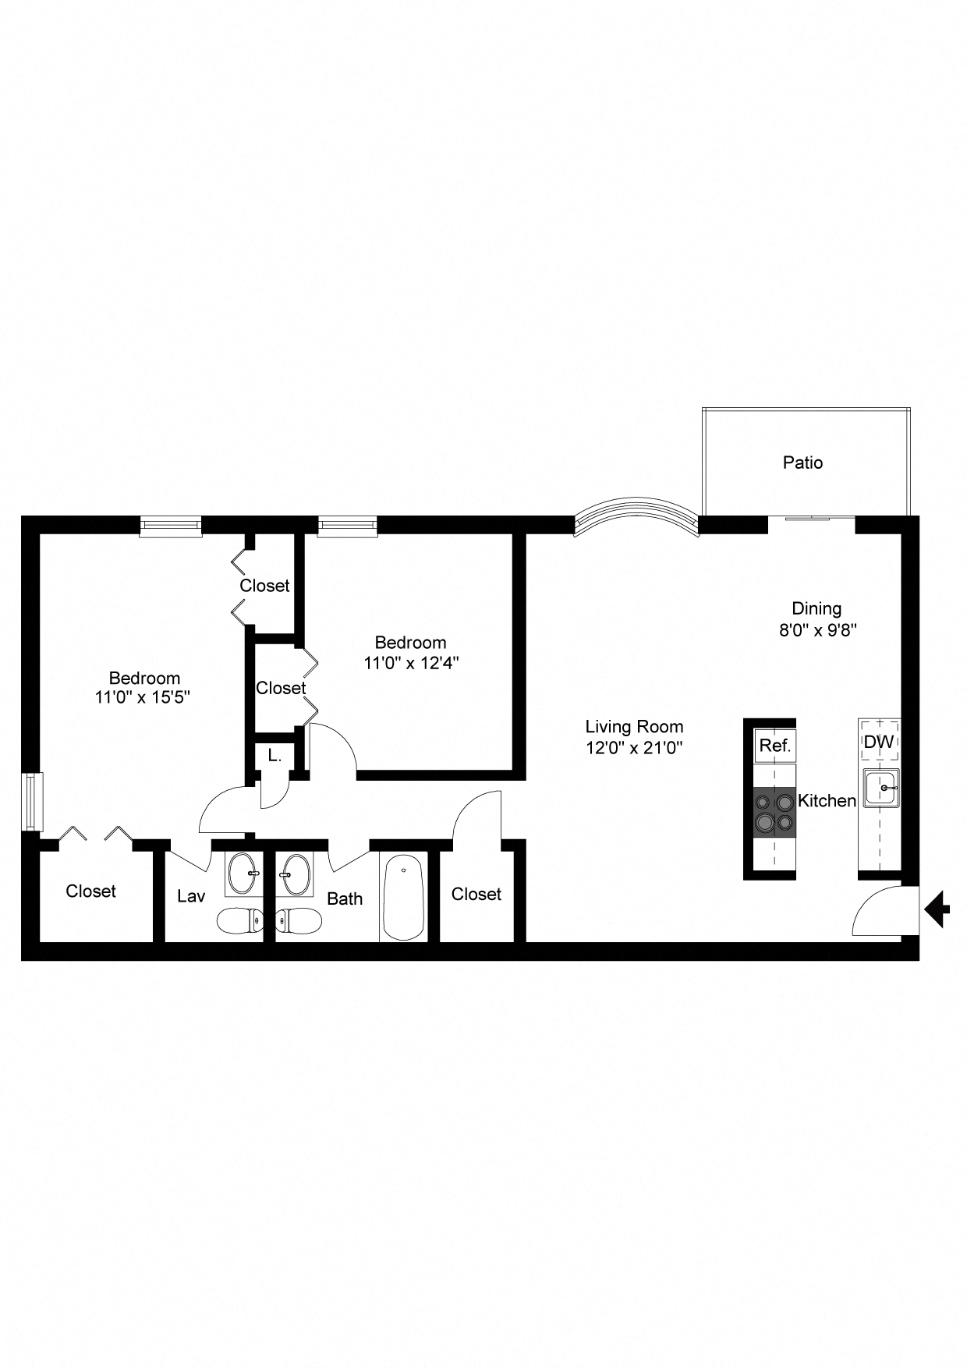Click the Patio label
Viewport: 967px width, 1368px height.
pyautogui.click(x=802, y=462)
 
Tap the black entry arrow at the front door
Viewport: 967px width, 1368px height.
pyautogui.click(x=937, y=909)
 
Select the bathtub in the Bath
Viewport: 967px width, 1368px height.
pyautogui.click(x=403, y=897)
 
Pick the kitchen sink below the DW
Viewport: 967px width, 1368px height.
pyautogui.click(x=881, y=788)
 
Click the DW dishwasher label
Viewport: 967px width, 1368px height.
pyautogui.click(x=879, y=742)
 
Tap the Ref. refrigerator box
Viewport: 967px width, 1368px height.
pyautogui.click(x=775, y=746)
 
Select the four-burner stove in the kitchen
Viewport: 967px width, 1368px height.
pyautogui.click(x=774, y=812)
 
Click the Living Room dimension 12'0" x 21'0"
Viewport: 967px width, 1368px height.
pyautogui.click(x=634, y=748)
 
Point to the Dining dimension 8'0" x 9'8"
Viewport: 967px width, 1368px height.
pyautogui.click(x=817, y=630)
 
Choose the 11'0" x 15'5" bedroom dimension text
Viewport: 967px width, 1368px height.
pyautogui.click(x=143, y=697)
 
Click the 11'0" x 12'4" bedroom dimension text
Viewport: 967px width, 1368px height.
pyautogui.click(x=411, y=664)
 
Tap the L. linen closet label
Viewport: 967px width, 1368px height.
pyautogui.click(x=275, y=755)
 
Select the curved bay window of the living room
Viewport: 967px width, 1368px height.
pyautogui.click(x=635, y=515)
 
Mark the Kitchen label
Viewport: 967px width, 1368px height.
pyautogui.click(x=827, y=800)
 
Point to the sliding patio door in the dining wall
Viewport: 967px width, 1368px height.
pyautogui.click(x=811, y=518)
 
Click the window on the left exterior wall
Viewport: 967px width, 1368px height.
pyautogui.click(x=31, y=801)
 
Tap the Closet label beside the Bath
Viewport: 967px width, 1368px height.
pyautogui.click(x=476, y=894)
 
